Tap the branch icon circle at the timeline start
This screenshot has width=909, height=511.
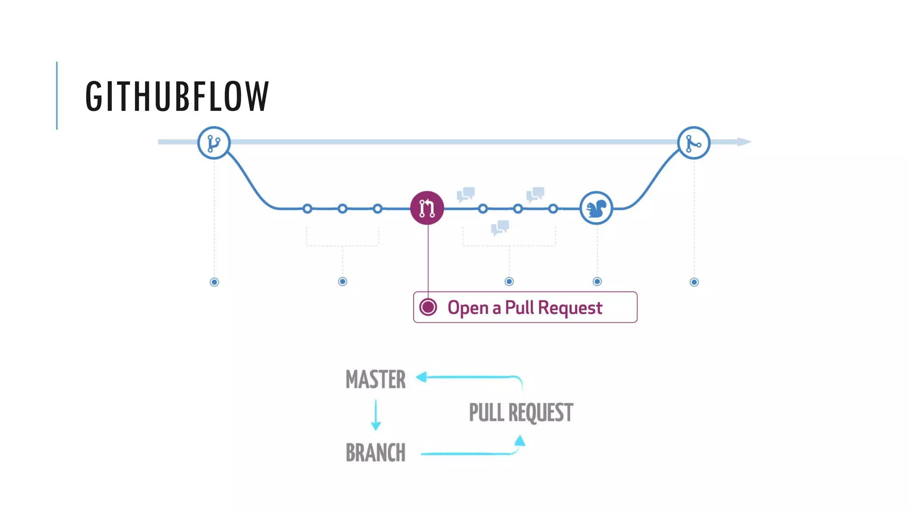click(214, 143)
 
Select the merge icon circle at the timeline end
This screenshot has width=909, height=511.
click(694, 143)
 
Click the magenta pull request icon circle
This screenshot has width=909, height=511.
click(427, 208)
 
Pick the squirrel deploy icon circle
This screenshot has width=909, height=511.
click(597, 208)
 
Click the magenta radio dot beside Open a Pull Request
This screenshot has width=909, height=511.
click(428, 307)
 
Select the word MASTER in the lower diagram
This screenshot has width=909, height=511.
click(375, 380)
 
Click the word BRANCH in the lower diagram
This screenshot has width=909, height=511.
click(375, 453)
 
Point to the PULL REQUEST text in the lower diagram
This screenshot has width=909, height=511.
click(521, 413)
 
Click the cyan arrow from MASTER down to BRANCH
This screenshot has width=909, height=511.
click(376, 415)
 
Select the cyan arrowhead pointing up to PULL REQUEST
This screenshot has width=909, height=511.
click(520, 441)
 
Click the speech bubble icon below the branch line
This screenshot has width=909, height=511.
click(500, 228)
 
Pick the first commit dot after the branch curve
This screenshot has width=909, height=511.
click(307, 208)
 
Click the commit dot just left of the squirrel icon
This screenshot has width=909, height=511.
click(553, 208)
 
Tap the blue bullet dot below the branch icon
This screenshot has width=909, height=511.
click(214, 282)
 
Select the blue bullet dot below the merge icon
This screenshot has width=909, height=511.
click(694, 282)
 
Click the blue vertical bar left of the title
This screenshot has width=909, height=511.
click(57, 96)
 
